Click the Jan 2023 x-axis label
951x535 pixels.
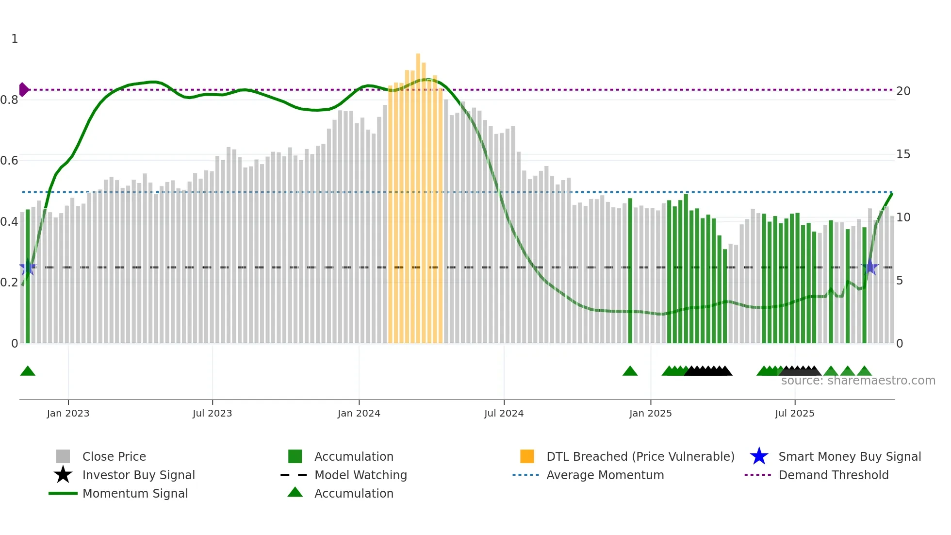(x=68, y=413)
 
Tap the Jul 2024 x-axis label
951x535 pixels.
(x=504, y=413)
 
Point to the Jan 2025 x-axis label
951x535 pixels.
(x=650, y=413)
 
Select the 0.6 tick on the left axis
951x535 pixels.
(x=9, y=161)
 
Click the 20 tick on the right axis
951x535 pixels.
(x=903, y=91)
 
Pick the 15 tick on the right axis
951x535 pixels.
(x=903, y=154)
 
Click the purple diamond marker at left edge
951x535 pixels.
(x=23, y=90)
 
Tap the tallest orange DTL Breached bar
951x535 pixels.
(x=418, y=194)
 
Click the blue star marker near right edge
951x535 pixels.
(x=870, y=267)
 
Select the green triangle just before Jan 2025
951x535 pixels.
(x=630, y=371)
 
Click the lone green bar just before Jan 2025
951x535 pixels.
(x=630, y=272)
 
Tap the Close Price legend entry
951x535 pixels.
(x=114, y=456)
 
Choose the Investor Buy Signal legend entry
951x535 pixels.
(x=138, y=475)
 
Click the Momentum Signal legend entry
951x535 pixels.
(x=135, y=493)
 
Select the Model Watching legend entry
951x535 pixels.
(x=361, y=475)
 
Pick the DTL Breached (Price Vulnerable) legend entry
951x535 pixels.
(x=640, y=456)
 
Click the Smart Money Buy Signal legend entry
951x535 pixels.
(x=849, y=456)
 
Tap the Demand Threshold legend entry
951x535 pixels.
(x=833, y=475)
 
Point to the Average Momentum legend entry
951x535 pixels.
(x=605, y=475)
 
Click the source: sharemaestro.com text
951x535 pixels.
(x=858, y=381)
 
